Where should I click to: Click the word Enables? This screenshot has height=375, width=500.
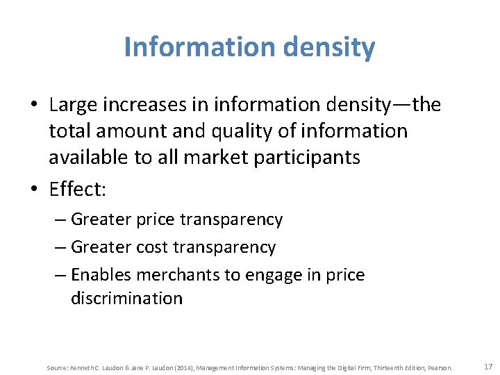coord(101,274)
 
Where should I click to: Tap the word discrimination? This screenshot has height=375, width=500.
coord(126,299)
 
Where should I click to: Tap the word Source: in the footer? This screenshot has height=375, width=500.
coord(56,367)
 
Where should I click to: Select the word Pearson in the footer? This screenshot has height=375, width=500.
coord(441,367)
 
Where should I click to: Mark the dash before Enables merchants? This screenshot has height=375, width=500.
coord(60,275)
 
